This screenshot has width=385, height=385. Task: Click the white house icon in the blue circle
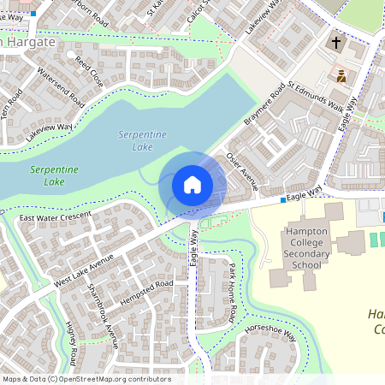tap(192, 184)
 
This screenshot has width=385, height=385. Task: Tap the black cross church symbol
tap(336, 41)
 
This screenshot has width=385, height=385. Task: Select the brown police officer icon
tap(341, 76)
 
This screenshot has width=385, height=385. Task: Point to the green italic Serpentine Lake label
tap(54, 175)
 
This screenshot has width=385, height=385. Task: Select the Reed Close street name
tap(89, 72)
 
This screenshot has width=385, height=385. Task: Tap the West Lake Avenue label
tap(83, 269)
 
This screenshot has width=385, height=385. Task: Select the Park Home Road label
tap(232, 293)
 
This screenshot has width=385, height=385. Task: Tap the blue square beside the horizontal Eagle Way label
tap(282, 199)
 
